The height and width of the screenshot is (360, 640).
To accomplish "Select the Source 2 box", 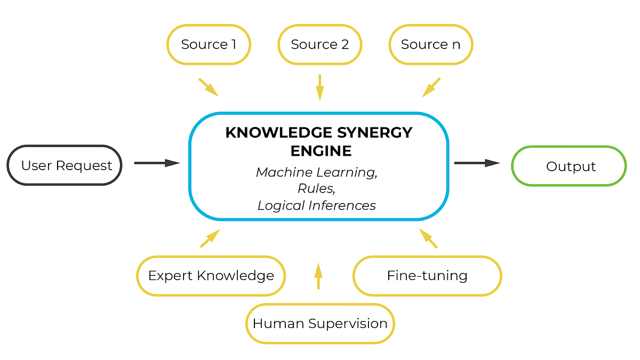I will tap(319, 45).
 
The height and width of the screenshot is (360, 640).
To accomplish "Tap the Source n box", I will tap(430, 45).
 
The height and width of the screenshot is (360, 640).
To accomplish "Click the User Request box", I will tap(65, 165).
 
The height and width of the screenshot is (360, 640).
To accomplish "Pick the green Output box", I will tap(569, 166).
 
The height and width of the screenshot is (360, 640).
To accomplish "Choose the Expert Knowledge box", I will tap(211, 276).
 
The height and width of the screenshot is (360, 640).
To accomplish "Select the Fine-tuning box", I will tap(427, 276).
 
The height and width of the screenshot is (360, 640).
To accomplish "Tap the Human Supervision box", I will tap(319, 323).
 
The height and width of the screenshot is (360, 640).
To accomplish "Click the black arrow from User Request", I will tap(156, 163).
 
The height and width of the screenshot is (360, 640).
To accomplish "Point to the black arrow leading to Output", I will tap(476, 163).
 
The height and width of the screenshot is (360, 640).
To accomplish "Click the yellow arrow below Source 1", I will tap(209, 87).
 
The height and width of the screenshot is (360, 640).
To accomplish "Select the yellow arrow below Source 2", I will tap(319, 87).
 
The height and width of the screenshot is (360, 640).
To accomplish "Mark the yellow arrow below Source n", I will tap(431, 87).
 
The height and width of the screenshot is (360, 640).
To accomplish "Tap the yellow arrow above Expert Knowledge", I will tap(210, 238).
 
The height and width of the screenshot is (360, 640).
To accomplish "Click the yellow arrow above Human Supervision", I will tap(318, 276).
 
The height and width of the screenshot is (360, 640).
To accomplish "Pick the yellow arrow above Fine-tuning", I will tap(428, 238).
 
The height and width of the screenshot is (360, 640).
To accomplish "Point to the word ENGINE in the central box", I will tap(321, 151).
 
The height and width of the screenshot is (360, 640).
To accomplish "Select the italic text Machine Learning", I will tap(317, 172).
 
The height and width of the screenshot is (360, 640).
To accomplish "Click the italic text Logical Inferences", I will tap(317, 205).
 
